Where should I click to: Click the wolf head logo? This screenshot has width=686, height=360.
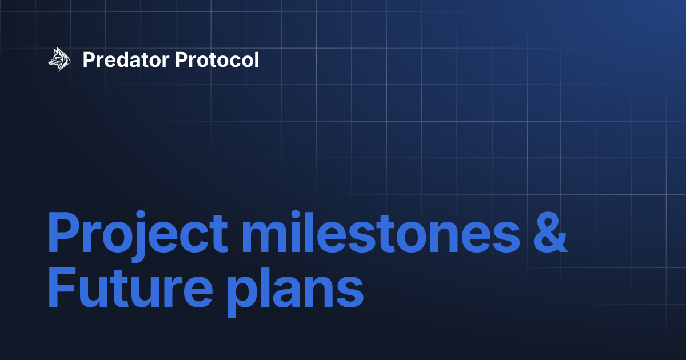(x=59, y=59)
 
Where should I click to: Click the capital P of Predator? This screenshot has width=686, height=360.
(x=88, y=59)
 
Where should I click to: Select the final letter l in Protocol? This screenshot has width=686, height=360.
(x=256, y=59)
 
